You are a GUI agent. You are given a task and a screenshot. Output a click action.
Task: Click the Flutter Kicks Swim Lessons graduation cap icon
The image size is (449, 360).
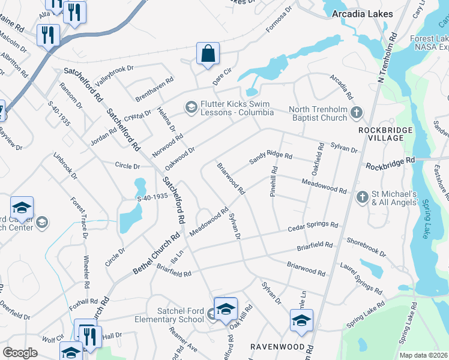tap(191, 107)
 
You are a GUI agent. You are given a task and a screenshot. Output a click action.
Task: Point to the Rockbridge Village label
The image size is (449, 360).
tap(385, 134)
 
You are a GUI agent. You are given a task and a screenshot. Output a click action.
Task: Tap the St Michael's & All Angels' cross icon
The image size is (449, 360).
tap(362, 197)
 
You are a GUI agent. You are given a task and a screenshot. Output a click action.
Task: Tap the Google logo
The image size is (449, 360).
tap(20, 353)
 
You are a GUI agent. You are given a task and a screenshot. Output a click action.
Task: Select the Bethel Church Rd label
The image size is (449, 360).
tap(157, 254)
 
